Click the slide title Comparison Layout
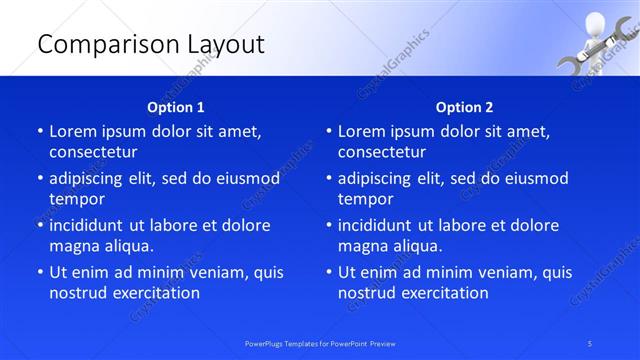coord(150,44)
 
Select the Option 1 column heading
coord(176,107)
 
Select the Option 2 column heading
coord(464,107)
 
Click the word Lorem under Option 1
coord(73,131)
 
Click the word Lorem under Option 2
coord(362,131)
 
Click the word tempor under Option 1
coord(77,199)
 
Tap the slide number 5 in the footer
coord(591,343)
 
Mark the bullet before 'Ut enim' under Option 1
coord(40,272)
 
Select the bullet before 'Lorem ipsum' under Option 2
coord(329,131)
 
